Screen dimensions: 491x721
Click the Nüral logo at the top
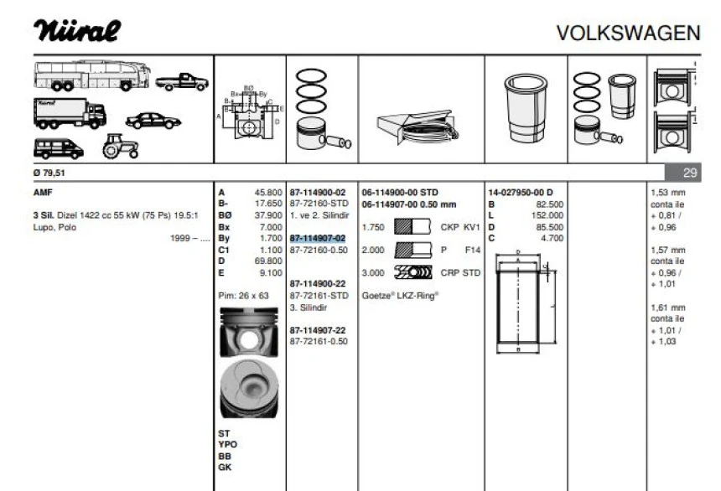[x=77, y=31]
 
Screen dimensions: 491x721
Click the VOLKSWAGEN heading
[x=628, y=33]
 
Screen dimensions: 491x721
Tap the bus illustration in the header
[x=92, y=75]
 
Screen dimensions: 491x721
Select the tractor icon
[x=114, y=148]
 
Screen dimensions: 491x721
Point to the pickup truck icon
[x=182, y=81]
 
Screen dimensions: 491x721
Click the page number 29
[x=689, y=173]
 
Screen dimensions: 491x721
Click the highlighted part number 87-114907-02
[x=317, y=238]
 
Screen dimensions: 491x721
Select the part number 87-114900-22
[x=317, y=284]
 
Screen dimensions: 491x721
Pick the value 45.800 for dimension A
[x=267, y=192]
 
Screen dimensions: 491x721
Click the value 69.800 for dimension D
[x=267, y=261]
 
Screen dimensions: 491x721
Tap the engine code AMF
[x=41, y=192]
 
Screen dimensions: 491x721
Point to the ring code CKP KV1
[x=459, y=226]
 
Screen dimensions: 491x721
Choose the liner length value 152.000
[x=549, y=214]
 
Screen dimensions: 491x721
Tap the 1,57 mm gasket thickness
[x=667, y=249]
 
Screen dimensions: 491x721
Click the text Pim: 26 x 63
[x=244, y=295]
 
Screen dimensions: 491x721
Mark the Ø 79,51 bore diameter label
[x=47, y=173]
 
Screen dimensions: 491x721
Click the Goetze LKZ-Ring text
[x=401, y=295]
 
